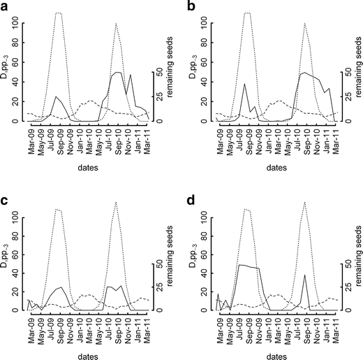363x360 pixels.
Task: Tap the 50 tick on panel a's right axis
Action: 158,72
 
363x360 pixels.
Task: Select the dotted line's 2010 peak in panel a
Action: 115,24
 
